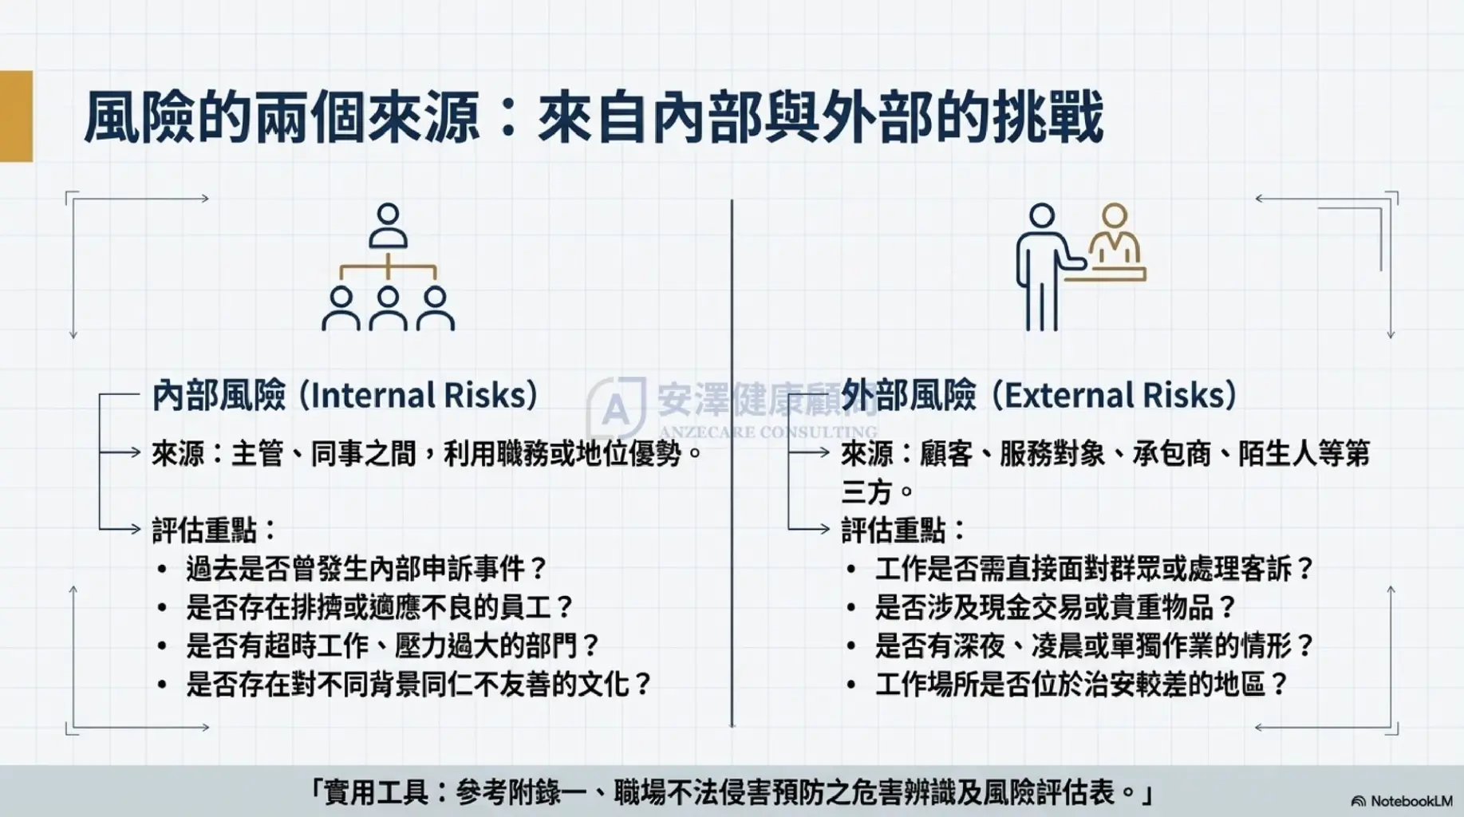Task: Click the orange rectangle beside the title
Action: click(16, 116)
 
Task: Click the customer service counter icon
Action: click(1081, 266)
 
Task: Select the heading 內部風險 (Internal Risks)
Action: click(345, 395)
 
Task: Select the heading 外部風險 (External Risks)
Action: click(1040, 395)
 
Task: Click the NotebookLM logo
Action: click(1402, 800)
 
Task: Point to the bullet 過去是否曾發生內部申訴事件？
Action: click(368, 569)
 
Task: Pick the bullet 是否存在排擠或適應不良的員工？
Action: click(381, 607)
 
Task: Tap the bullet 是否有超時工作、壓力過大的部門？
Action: click(393, 645)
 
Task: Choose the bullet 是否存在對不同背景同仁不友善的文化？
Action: click(420, 684)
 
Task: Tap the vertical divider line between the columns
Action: click(732, 463)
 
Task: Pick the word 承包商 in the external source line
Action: click(1171, 454)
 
